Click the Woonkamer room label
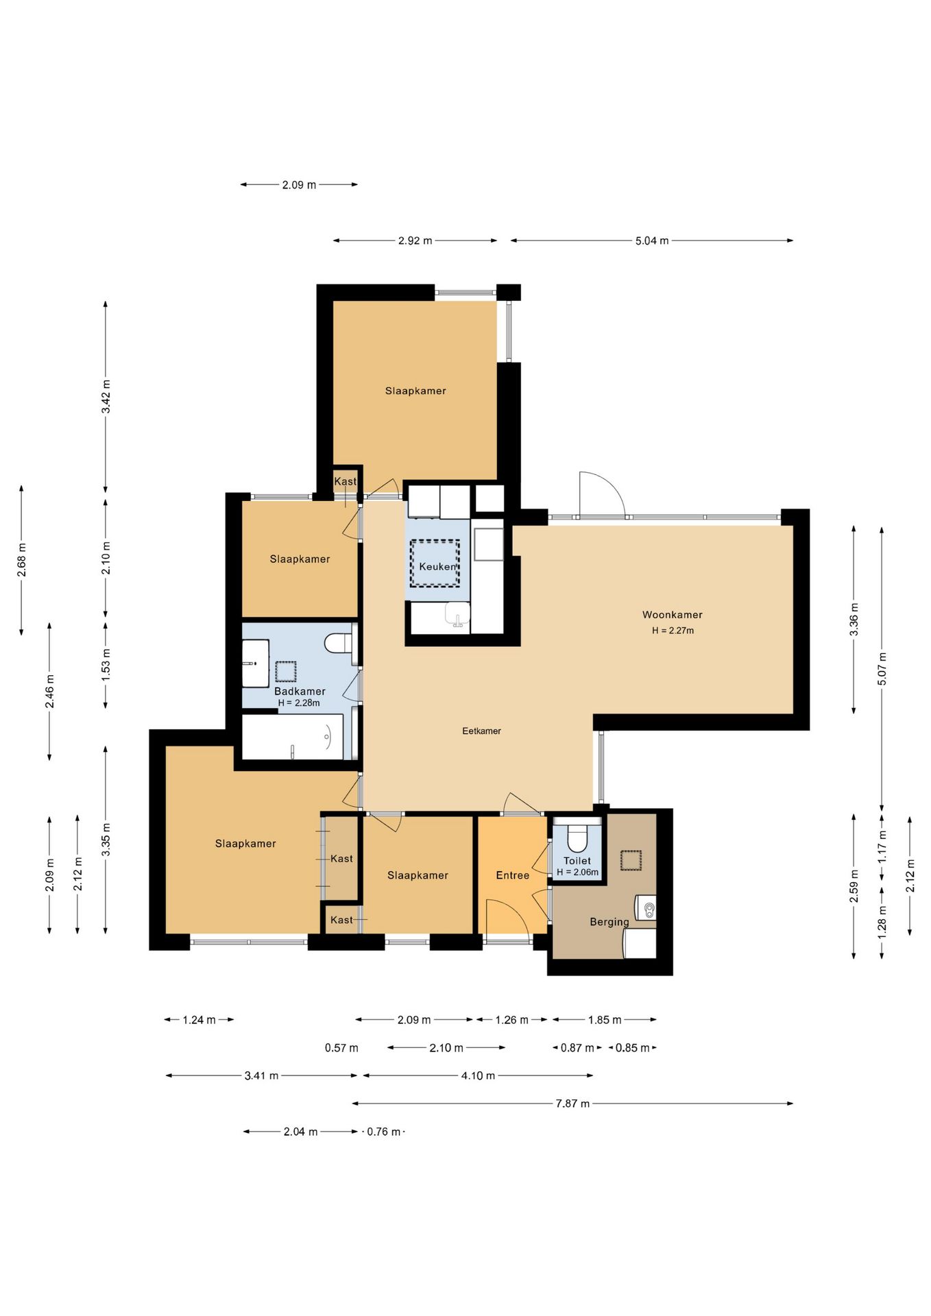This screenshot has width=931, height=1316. (672, 615)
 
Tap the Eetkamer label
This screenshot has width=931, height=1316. (481, 731)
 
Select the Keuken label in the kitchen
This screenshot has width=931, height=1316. (437, 567)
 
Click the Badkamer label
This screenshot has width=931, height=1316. (300, 692)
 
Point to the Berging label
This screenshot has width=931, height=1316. (609, 923)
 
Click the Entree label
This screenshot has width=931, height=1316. (513, 875)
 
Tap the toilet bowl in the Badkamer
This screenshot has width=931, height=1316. (338, 644)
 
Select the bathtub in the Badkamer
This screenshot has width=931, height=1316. (293, 738)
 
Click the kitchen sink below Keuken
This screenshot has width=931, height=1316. (457, 615)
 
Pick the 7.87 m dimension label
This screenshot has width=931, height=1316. (572, 1104)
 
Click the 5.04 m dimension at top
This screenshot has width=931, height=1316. (652, 241)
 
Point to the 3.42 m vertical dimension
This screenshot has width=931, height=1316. (106, 397)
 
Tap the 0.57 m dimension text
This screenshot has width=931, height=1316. (341, 1048)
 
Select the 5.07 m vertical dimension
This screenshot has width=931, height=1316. (882, 669)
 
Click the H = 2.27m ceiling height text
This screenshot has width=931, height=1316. (673, 631)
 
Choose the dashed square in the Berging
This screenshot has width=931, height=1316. (631, 860)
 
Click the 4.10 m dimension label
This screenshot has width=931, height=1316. (478, 1075)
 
